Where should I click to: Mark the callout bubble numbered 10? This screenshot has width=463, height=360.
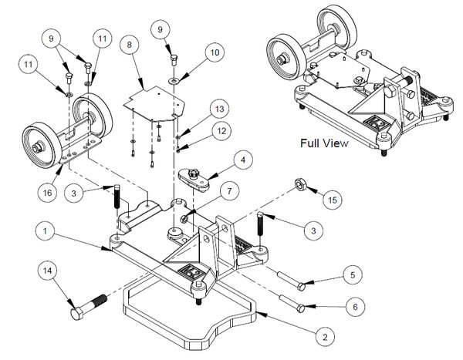pos(213,52)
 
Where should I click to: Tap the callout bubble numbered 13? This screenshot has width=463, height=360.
pos(220,109)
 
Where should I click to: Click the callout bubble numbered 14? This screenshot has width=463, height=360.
pos(50,271)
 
